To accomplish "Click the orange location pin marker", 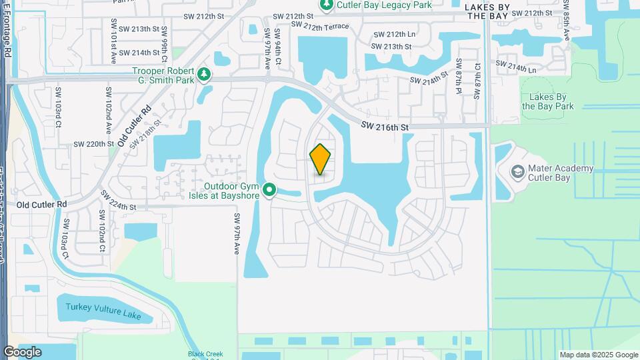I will (x=321, y=159).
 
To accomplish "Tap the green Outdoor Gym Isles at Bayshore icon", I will (x=269, y=191).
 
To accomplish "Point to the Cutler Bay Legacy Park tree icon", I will (x=327, y=5).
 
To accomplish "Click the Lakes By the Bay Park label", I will (x=547, y=101).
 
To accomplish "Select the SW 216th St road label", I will (x=384, y=125).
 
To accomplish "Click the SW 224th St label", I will (x=119, y=201).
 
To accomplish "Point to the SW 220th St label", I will (x=90, y=143).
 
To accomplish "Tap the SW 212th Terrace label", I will (x=317, y=26).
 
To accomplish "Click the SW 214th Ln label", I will (x=516, y=66).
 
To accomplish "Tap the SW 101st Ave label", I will (x=114, y=46).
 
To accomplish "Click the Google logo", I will (x=22, y=352).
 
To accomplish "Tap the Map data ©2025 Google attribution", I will (x=599, y=355).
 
